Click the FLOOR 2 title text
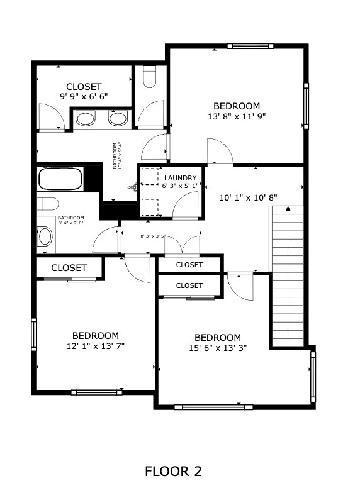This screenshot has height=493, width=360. (x=173, y=472)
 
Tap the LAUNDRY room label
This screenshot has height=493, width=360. (x=180, y=178)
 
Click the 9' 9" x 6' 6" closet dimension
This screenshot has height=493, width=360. (x=84, y=96)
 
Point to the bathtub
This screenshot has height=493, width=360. (x=60, y=179)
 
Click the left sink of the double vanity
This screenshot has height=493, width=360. (x=85, y=119)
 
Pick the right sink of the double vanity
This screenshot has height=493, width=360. (x=118, y=118)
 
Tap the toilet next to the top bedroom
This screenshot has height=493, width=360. (x=149, y=77)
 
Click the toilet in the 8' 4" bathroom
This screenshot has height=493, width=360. (x=48, y=204)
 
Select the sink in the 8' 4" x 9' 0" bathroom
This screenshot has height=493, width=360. (x=45, y=236)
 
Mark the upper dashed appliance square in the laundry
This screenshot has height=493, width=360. (x=150, y=176)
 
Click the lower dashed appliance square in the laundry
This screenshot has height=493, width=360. (x=150, y=208)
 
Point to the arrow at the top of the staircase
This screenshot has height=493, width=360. (x=288, y=208)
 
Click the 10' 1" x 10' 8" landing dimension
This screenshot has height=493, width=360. (x=248, y=197)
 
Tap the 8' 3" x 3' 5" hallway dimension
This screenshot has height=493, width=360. (x=153, y=236)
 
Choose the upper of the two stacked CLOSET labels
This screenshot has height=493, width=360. (x=189, y=265)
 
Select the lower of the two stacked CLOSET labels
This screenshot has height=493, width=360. (x=189, y=285)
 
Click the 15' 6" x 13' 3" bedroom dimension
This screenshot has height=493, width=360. (x=218, y=348)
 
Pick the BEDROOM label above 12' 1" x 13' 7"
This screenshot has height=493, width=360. (x=96, y=336)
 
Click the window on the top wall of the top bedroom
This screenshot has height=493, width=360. (x=250, y=47)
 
